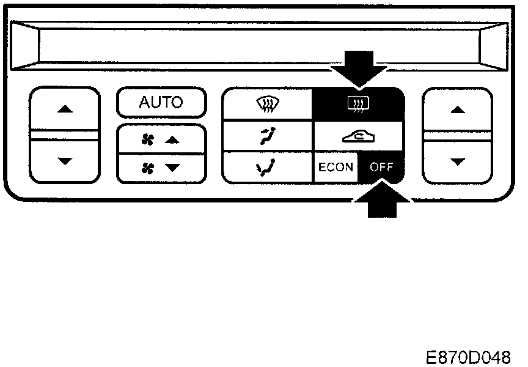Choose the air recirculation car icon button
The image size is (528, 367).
(358, 137)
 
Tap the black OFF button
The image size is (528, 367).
(381, 167)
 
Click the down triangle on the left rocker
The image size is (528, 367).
(64, 161)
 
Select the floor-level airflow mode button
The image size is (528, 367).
(267, 167)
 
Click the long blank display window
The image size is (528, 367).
(260, 45)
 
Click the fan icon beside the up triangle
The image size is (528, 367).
(147, 140)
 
